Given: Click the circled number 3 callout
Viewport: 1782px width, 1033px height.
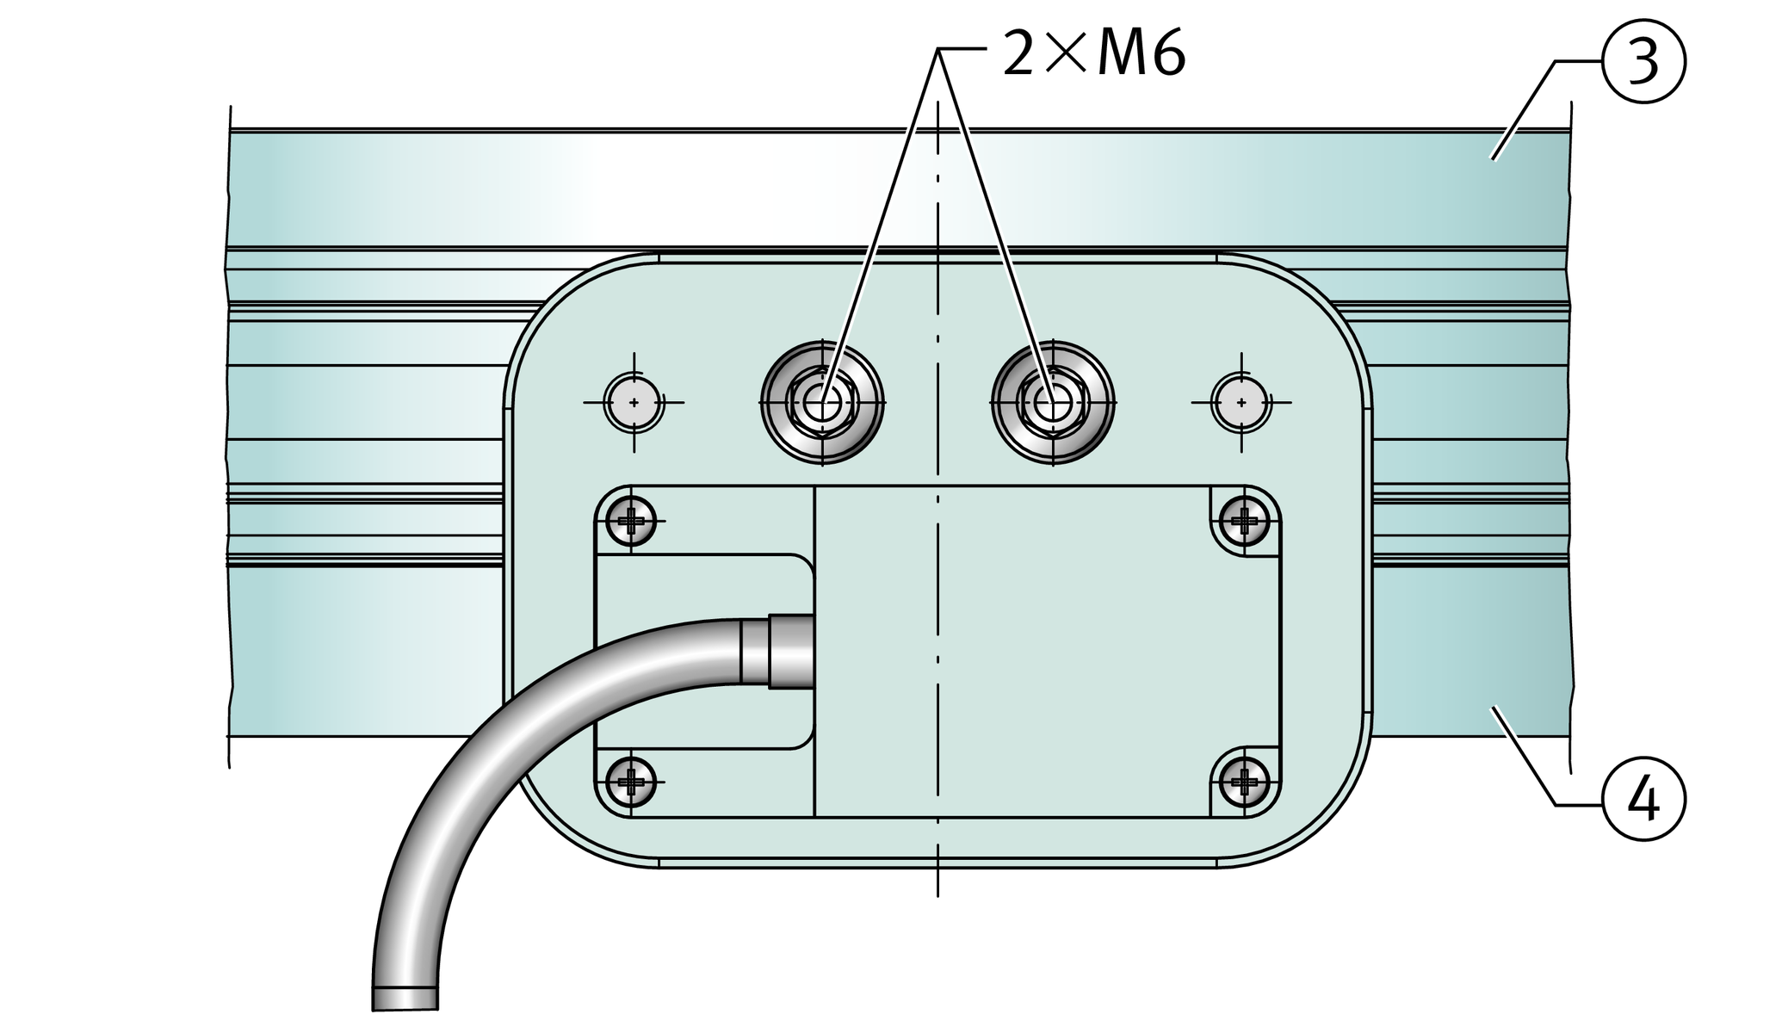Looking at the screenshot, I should click(x=1643, y=62).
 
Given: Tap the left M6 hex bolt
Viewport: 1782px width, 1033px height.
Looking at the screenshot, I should click(x=822, y=402).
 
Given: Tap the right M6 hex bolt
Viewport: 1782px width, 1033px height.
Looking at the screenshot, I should click(x=1053, y=402).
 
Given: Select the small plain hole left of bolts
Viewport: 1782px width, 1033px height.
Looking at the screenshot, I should click(x=634, y=402).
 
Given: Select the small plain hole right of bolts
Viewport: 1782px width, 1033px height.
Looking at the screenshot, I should click(x=1241, y=402).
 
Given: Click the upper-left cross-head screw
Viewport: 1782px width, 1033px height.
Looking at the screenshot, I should click(x=631, y=520).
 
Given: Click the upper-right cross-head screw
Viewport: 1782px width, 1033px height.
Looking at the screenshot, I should click(x=1245, y=520).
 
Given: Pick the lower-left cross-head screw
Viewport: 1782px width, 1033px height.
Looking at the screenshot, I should click(x=631, y=782).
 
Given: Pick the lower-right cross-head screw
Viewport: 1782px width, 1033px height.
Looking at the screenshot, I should click(x=1245, y=782).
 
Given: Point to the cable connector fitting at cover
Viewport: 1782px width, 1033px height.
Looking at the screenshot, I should click(x=777, y=652).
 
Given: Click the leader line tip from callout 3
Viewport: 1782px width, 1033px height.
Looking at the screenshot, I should click(x=1494, y=159).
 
